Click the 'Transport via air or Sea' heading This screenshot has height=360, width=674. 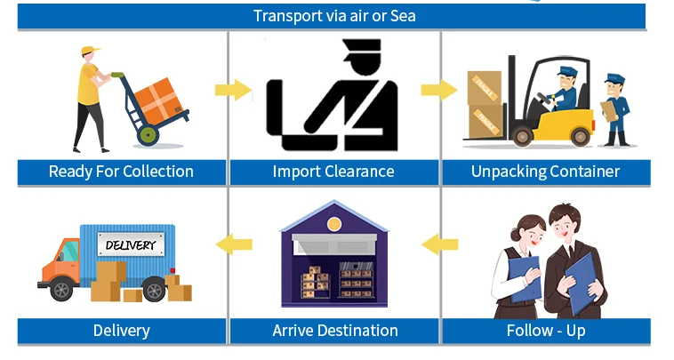[x=334, y=16]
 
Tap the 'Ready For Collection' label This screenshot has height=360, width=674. [x=121, y=172]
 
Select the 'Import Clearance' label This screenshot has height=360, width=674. [x=333, y=172]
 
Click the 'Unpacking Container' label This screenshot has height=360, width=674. [x=545, y=172]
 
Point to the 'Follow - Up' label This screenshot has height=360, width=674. [x=545, y=331]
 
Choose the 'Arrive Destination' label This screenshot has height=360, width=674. [x=335, y=331]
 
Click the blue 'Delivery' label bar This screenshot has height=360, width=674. [x=121, y=331]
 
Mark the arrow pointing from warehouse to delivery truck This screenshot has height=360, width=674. [x=234, y=242]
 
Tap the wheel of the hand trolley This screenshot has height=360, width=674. [x=148, y=136]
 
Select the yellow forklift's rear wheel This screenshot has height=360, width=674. [x=580, y=136]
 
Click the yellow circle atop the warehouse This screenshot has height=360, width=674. [x=334, y=222]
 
